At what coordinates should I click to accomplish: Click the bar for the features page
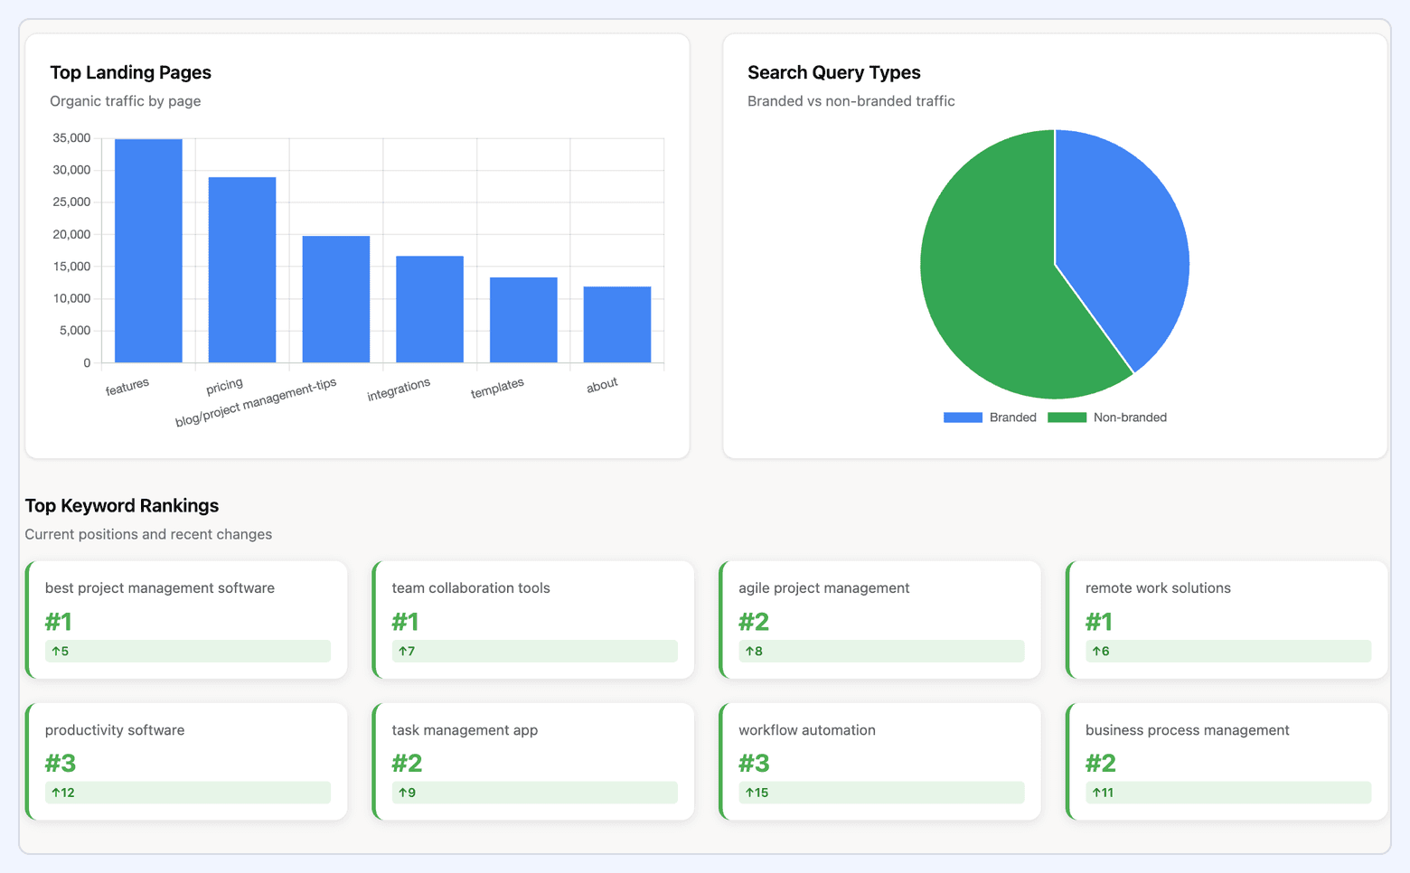pos(148,251)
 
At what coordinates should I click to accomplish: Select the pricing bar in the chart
pos(242,270)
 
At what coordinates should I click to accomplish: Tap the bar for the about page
pos(617,324)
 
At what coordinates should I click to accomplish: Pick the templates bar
pos(523,320)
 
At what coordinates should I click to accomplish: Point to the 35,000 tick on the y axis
pos(71,138)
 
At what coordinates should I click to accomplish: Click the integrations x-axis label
pos(399,390)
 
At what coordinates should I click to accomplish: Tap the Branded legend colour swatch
pos(963,418)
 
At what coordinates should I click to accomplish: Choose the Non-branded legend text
pos(1130,418)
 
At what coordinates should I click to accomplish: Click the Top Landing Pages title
pos(131,72)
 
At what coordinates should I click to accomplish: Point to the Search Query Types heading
pos(833,72)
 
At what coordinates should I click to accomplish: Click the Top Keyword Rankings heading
pos(122,505)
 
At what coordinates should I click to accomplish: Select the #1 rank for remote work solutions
pos(1099,622)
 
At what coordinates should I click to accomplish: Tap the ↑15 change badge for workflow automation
pos(757,793)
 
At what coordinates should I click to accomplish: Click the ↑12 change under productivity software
pos(63,793)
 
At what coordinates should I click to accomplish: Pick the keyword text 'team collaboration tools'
pos(471,588)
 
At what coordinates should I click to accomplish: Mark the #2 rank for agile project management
pos(754,622)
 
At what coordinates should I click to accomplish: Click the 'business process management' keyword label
pos(1187,730)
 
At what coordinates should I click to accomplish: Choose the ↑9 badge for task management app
pos(408,793)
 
